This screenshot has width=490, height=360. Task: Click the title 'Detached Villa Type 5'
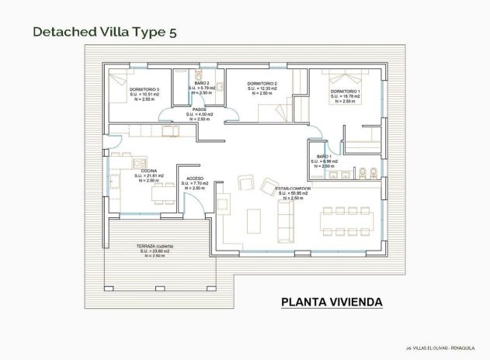(x=109, y=32)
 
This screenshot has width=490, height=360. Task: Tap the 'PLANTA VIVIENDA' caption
(x=330, y=301)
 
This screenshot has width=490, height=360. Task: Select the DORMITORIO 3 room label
(x=145, y=89)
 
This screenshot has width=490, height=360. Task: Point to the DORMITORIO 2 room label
(x=262, y=84)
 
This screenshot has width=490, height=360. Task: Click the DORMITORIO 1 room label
(x=345, y=92)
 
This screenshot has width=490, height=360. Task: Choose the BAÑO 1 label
(x=321, y=157)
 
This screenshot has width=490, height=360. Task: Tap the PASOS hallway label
(x=199, y=109)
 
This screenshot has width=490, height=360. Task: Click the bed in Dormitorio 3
(x=121, y=79)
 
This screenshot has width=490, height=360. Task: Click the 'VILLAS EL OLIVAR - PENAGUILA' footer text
(x=447, y=349)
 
